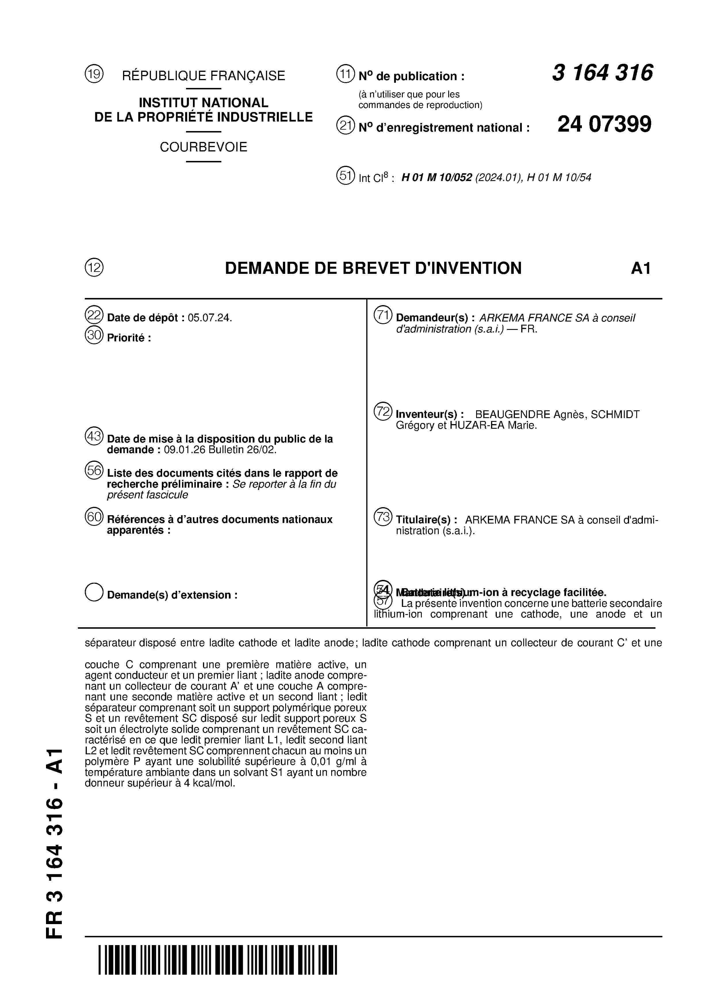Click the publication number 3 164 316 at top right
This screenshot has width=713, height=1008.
[x=602, y=73]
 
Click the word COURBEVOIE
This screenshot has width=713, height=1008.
[x=203, y=147]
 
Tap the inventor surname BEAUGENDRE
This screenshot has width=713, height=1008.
[x=513, y=414]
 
